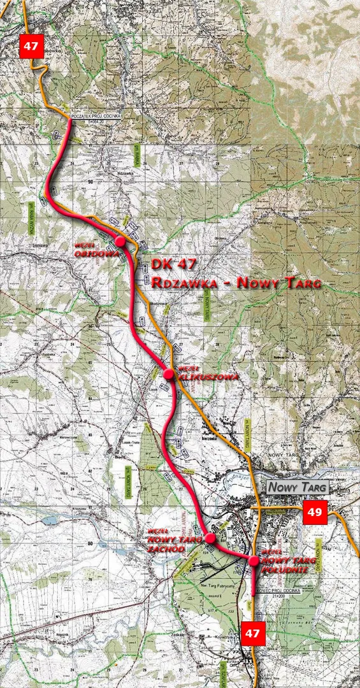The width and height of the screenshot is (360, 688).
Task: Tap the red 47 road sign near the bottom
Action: pos(253,633)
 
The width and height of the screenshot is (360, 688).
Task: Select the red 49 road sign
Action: pos(314,512)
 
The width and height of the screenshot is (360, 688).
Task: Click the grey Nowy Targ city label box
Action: pos(298,487)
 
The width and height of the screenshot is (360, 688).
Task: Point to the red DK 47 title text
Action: pos(174,264)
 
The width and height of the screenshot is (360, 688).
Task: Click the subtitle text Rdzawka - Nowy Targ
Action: pos(236,282)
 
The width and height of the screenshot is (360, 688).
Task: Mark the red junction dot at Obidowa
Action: pos(120,241)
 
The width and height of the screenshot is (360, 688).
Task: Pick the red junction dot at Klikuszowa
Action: pos(169,375)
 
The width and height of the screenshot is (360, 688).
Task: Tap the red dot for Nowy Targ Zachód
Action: pos(210,538)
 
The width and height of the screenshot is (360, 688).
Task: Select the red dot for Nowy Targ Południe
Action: pos(254,561)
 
